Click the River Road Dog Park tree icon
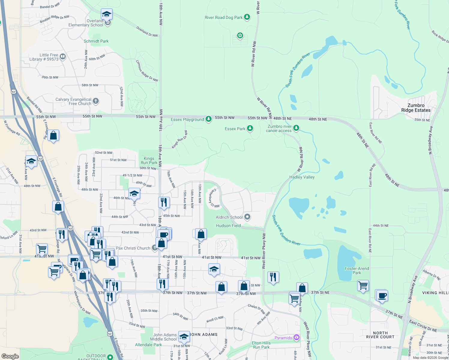click(247, 17)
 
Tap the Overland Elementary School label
click(86, 23)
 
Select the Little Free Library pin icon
click(63, 56)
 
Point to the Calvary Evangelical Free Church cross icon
click(96, 101)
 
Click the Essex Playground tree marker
click(209, 119)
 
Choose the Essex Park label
click(235, 129)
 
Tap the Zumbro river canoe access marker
click(296, 128)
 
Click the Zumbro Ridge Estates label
click(416, 108)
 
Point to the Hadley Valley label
click(302, 177)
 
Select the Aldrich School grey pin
click(247, 217)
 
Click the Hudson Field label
click(228, 226)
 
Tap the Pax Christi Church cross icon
click(155, 248)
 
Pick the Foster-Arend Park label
click(357, 271)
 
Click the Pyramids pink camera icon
click(297, 338)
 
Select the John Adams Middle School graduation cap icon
click(184, 337)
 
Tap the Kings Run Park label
click(149, 160)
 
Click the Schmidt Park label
click(96, 41)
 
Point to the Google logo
click(10, 356)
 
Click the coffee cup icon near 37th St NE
click(382, 296)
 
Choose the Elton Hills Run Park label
click(261, 345)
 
